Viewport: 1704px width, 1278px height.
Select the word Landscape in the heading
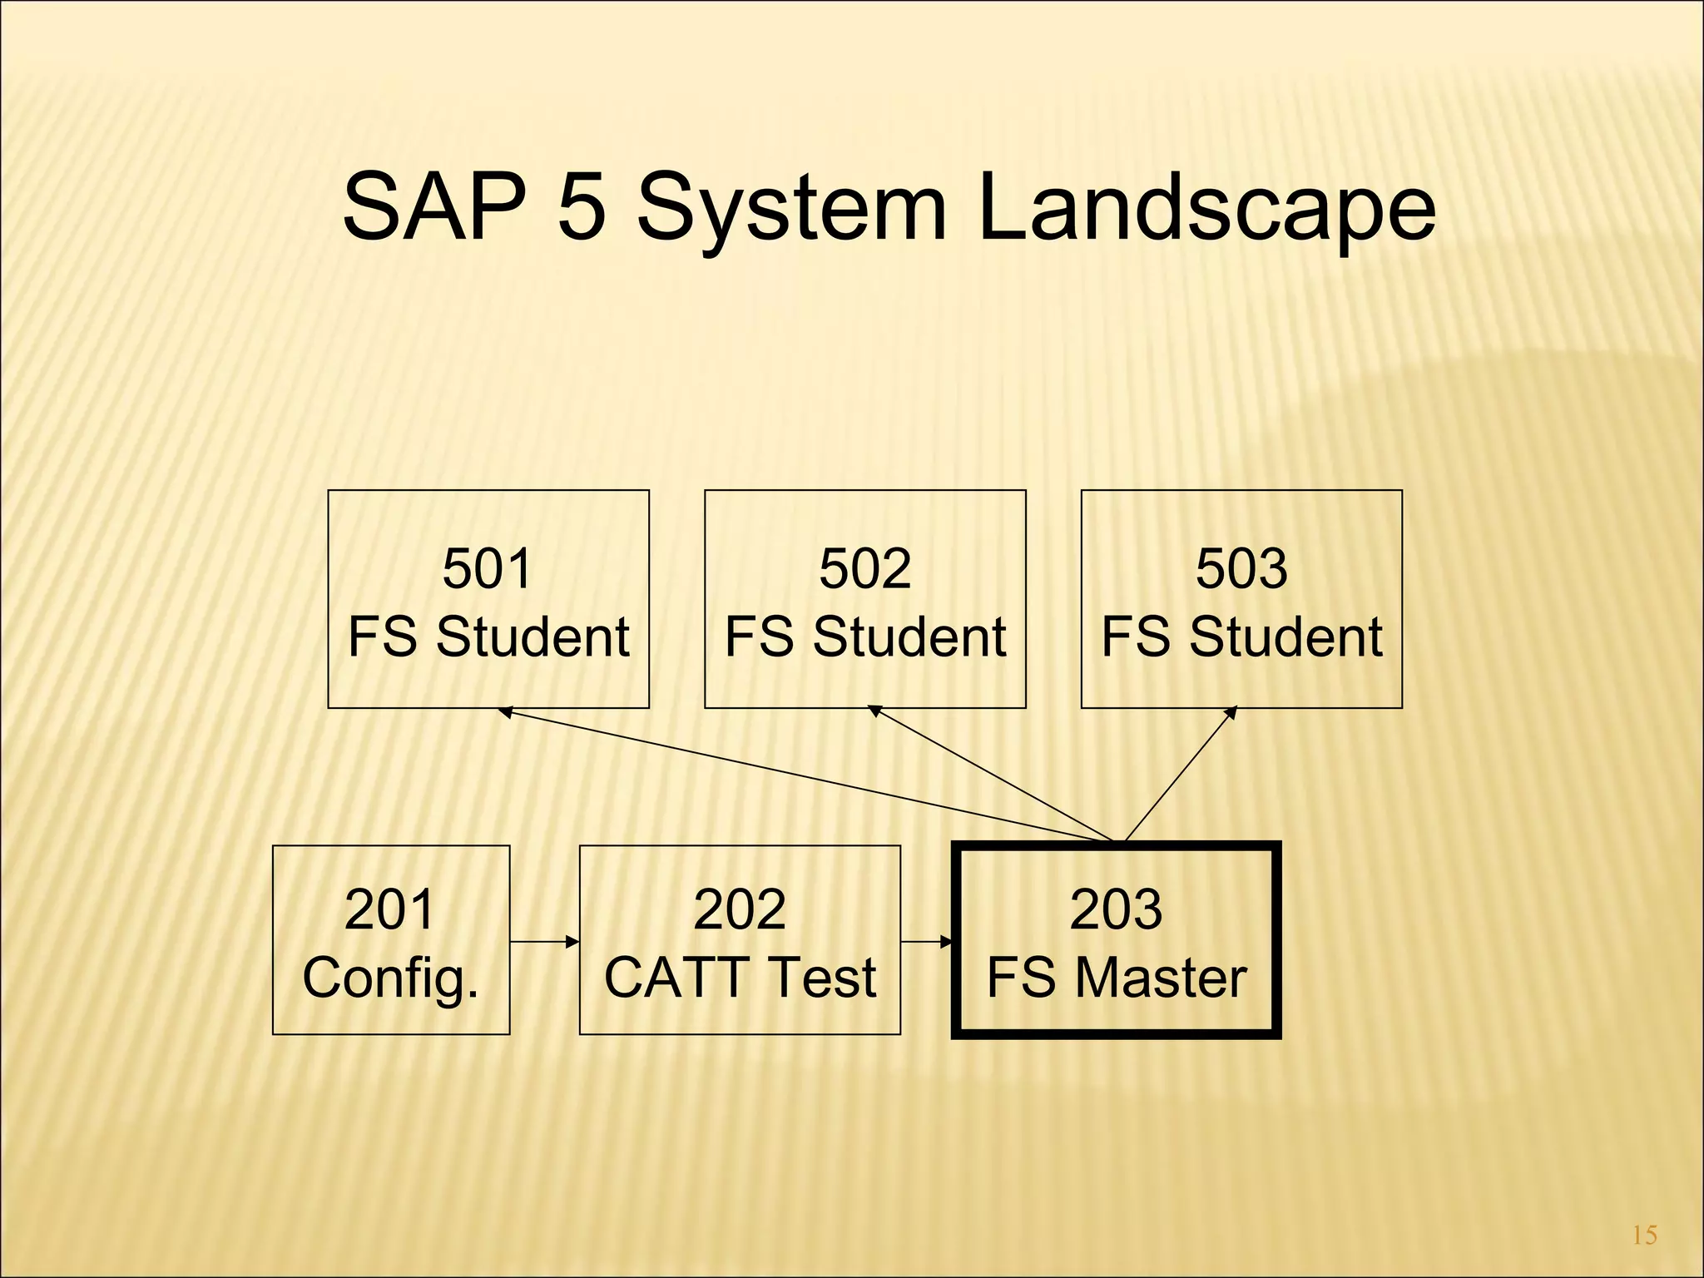(1206, 208)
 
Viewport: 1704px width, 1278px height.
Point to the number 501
(487, 569)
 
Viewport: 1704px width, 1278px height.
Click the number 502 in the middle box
(864, 569)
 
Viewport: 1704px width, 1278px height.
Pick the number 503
(1241, 569)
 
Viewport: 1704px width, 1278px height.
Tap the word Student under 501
(532, 637)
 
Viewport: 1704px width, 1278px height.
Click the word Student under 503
(1286, 637)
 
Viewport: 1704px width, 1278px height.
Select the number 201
(389, 909)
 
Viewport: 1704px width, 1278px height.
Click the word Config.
(390, 978)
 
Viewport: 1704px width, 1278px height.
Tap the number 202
(739, 909)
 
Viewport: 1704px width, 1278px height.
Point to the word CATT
(680, 978)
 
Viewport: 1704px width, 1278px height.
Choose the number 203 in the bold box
(1116, 909)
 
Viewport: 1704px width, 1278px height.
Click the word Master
(1162, 978)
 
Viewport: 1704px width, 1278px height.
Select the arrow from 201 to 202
(545, 942)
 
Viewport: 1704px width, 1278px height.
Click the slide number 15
(1644, 1236)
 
